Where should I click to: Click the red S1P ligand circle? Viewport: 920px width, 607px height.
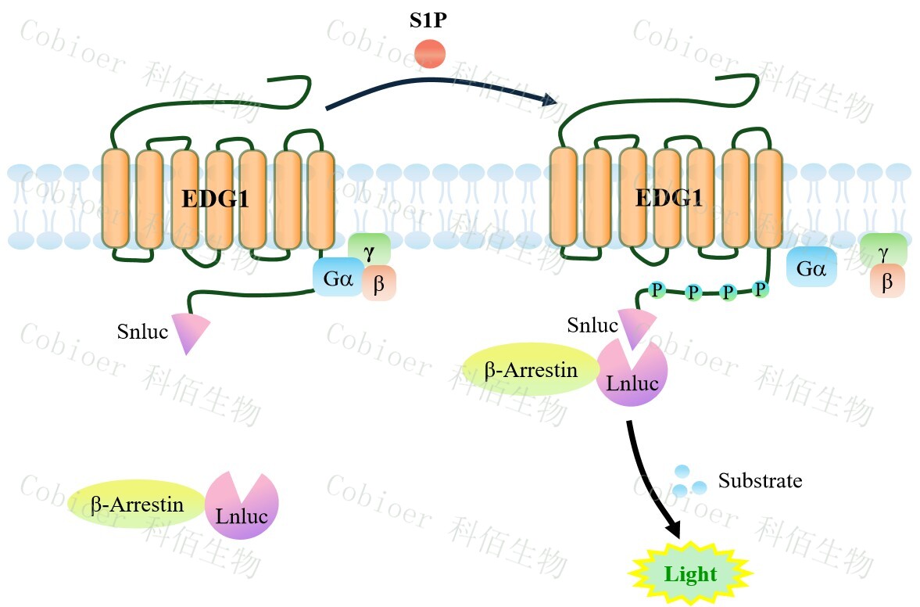pos(430,54)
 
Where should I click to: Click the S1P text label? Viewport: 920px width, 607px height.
pos(428,21)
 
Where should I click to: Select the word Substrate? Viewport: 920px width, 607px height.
pos(760,479)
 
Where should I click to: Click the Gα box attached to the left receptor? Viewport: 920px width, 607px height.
pos(337,278)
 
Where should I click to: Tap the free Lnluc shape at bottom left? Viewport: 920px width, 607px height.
pos(242,507)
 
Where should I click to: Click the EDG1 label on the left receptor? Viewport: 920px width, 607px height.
pos(215,199)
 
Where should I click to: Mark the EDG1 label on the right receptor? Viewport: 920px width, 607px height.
pos(668,198)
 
